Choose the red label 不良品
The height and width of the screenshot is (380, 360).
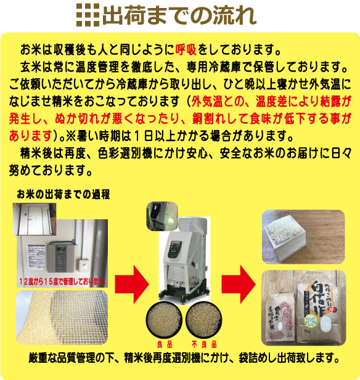(x=204, y=346)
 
